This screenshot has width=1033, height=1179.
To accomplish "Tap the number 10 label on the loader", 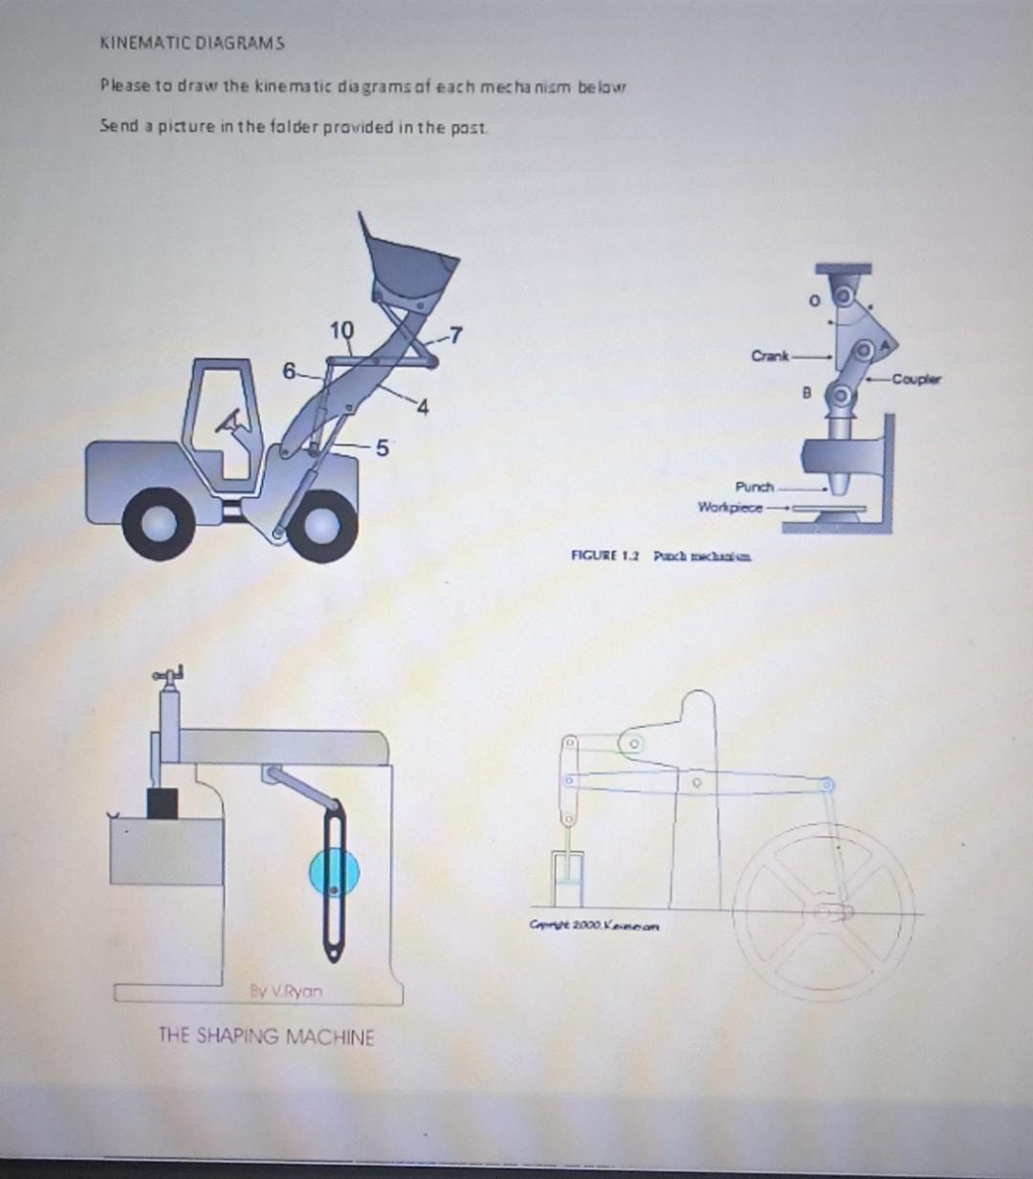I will pos(341,331).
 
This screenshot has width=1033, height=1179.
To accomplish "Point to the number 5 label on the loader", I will pos(382,447).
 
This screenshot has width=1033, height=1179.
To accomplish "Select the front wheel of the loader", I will pos(320,526).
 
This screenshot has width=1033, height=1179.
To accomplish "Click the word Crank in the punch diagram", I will pos(770,357).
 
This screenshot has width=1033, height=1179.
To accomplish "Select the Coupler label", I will pos(915,380).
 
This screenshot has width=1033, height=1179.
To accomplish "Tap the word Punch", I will pos(755,487).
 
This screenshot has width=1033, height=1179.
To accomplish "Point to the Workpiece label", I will pos(730,507).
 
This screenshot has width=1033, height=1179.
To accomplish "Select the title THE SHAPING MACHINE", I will pos(266,1037).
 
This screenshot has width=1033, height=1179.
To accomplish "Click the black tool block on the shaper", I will pos(163,803).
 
